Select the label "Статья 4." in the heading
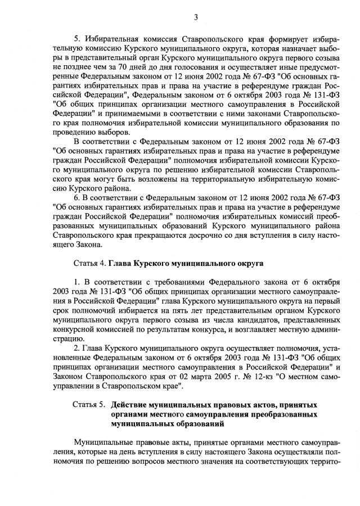pos(89,263)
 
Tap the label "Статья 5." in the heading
pos(89,404)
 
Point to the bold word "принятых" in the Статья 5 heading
pos(299,404)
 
